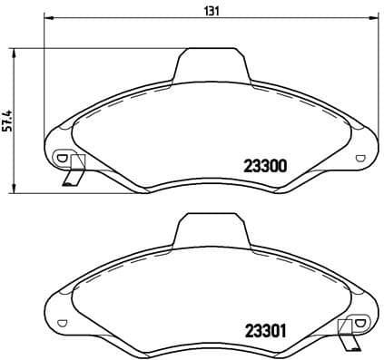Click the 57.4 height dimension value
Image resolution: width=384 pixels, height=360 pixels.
coord(6,122)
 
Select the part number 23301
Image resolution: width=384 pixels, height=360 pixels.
coord(265,331)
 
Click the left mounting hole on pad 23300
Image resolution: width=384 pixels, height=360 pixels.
coord(61,157)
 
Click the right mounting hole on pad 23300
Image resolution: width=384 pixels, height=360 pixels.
coord(362,156)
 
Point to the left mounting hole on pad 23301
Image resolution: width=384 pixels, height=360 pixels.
coord(61,321)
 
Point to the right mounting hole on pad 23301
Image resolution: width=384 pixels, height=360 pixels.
coord(362,321)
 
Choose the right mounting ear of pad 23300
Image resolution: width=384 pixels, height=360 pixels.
coord(363,150)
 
